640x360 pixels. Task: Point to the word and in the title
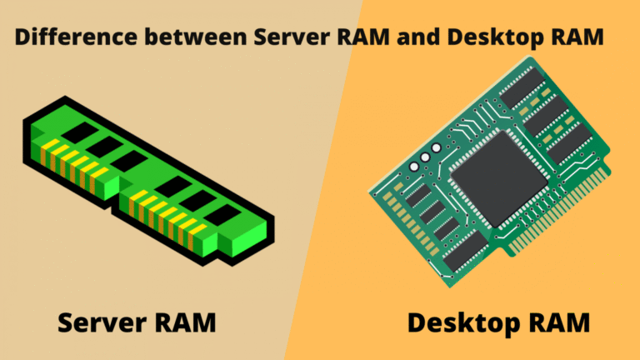[441, 38]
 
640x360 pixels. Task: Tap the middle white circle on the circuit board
[424, 157]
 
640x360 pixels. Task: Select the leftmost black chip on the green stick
[79, 131]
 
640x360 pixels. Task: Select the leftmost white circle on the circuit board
[414, 163]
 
